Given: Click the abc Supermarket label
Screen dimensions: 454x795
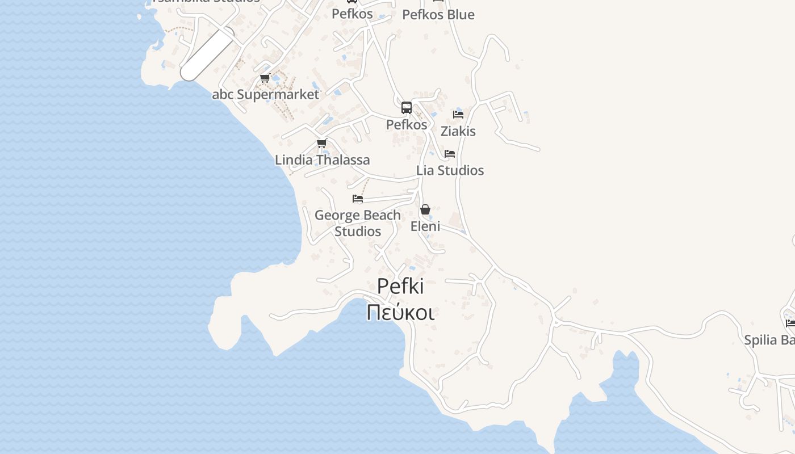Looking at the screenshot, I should point(266,94).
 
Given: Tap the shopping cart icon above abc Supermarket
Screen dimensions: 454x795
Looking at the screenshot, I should point(265,78).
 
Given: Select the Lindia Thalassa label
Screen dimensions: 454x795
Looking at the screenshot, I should point(322,160).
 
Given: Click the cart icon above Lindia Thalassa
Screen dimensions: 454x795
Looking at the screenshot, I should point(322,144).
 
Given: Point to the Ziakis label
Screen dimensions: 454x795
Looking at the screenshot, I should point(458,131).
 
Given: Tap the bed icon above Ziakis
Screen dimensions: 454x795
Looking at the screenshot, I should point(458,115).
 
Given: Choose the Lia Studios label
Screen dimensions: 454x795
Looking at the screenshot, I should point(450,170).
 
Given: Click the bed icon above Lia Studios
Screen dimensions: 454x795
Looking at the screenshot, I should point(450,154).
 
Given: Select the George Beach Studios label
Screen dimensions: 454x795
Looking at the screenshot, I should point(358,223).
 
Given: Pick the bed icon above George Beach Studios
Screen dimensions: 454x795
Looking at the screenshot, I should point(358,199).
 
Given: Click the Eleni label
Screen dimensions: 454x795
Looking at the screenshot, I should point(425,226).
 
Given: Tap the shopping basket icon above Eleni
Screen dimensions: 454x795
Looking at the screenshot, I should point(425,210).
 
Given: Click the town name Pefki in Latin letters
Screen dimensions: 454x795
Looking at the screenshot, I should point(400,287).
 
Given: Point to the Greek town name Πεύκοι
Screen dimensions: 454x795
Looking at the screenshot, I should point(400,312).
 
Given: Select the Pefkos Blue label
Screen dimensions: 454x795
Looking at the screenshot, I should point(438,15).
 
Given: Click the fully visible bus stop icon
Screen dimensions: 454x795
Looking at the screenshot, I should point(407,108).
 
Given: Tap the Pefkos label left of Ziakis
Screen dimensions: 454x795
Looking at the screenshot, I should point(407,124).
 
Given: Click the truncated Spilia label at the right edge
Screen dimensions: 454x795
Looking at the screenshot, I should point(769,340).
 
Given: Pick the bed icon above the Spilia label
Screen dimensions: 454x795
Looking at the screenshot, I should point(790,323).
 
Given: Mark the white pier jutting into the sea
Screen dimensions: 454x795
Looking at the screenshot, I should point(207,54).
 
